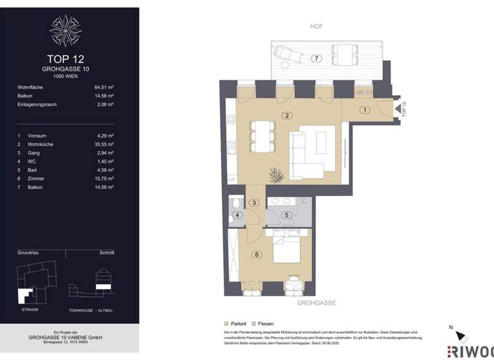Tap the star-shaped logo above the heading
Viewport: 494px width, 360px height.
tap(66, 30)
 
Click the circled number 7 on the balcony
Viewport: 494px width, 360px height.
tap(315, 59)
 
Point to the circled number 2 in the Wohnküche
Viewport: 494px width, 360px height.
tap(288, 116)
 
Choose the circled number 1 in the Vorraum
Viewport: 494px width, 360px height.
tap(365, 110)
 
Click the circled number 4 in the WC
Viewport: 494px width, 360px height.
tap(238, 215)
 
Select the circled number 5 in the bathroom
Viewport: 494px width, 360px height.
tap(288, 215)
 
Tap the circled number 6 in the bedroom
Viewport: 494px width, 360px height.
tap(257, 255)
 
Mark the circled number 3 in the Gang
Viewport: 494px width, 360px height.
tap(254, 203)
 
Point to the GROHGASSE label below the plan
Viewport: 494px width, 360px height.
tap(316, 302)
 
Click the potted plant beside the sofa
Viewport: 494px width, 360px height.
tap(278, 174)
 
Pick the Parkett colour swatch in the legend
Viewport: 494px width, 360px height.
tap(226, 323)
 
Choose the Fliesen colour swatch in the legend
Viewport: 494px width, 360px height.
tap(255, 323)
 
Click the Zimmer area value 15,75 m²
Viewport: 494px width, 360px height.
tap(103, 179)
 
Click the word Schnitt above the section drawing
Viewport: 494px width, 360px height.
tap(107, 253)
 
